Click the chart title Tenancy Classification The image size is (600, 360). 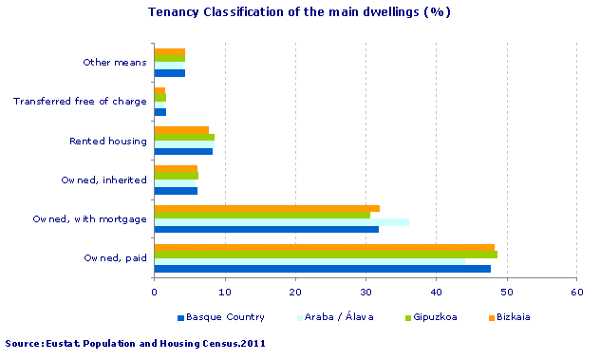click(x=299, y=12)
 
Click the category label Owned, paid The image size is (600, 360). click(x=115, y=257)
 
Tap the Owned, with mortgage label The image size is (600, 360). click(x=89, y=218)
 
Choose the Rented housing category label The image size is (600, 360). click(x=108, y=142)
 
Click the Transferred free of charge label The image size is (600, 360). click(x=80, y=102)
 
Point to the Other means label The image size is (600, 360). click(x=115, y=63)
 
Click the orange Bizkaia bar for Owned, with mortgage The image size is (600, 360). click(x=267, y=207)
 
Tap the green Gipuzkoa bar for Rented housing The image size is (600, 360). click(x=184, y=137)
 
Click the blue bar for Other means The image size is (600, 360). click(x=170, y=73)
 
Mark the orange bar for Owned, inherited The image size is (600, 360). click(x=176, y=169)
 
